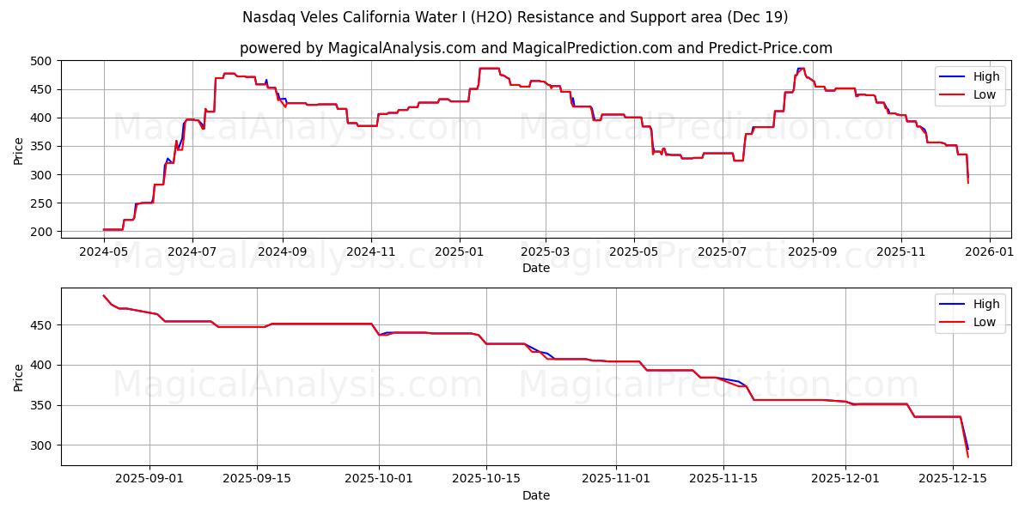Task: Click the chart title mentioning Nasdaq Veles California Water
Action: (x=515, y=17)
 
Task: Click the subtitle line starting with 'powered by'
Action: (x=535, y=48)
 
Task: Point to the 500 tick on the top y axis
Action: (x=42, y=61)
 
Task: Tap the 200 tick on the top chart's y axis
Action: (x=42, y=232)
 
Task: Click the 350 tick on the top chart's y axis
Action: (x=42, y=147)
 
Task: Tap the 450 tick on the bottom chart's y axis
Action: (x=42, y=325)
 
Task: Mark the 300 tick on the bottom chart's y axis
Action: (x=42, y=445)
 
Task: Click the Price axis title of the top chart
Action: (x=19, y=150)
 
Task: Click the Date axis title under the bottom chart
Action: (x=535, y=495)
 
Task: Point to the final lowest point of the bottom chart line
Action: (x=968, y=457)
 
